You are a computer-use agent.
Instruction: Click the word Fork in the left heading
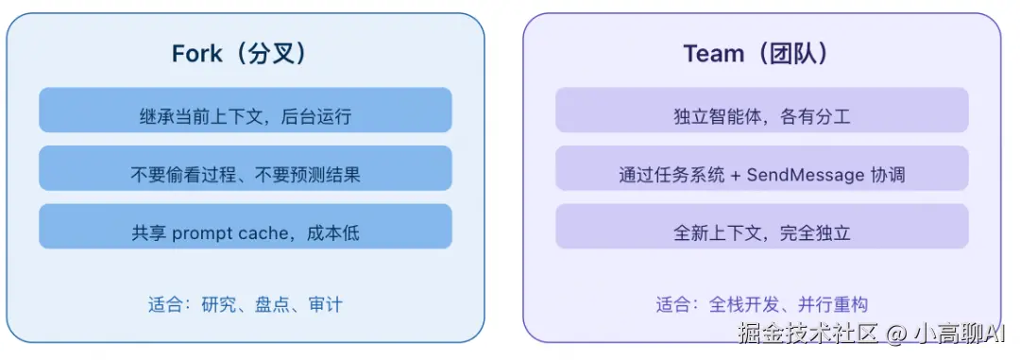[x=196, y=54]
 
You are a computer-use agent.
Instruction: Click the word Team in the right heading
[x=714, y=54]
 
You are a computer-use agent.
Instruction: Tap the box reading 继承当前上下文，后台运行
[x=245, y=116]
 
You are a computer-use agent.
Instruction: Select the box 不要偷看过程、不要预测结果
[x=245, y=175]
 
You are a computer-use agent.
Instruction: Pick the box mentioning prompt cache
[x=245, y=232]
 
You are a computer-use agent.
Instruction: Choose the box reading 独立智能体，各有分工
[x=761, y=116]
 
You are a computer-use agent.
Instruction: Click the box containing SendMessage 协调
[x=761, y=175]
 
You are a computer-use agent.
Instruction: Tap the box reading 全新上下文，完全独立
[x=761, y=232]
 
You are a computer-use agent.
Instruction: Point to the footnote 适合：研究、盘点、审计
[x=245, y=304]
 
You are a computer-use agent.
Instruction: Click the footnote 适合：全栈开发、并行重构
[x=761, y=304]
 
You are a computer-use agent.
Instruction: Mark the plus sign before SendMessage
[x=736, y=175]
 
